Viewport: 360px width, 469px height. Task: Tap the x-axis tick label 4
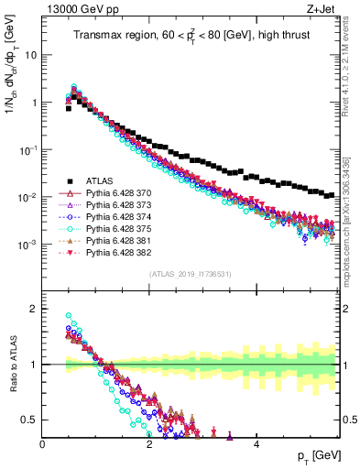click(x=256, y=444)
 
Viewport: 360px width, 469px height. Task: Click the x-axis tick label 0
click(x=43, y=444)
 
